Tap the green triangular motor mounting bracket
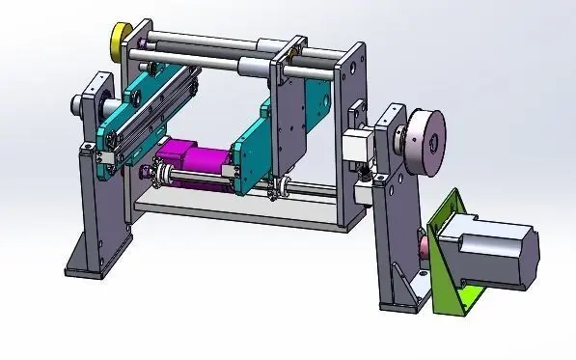tap(446, 253)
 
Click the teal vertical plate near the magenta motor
tap(249, 154)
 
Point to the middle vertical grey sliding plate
tap(288, 116)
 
